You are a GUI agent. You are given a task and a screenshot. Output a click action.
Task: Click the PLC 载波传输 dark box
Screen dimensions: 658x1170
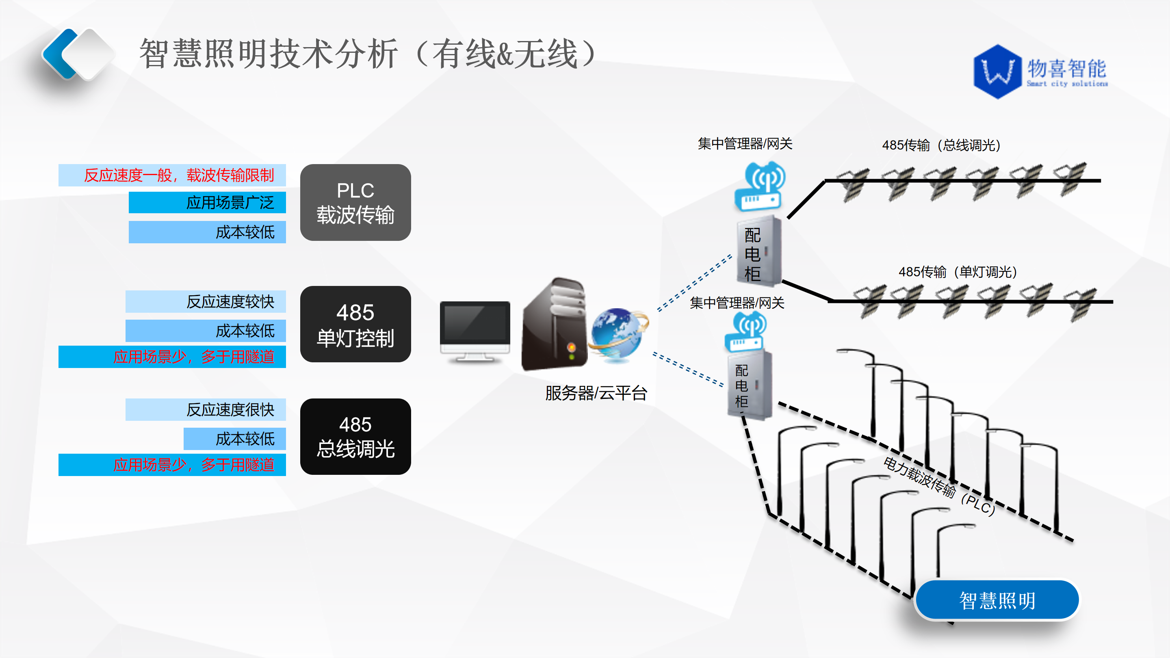click(x=355, y=203)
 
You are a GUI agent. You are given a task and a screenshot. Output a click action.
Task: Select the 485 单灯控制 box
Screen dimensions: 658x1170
click(x=355, y=324)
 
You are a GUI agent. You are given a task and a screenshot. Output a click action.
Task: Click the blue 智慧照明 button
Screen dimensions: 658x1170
click(x=997, y=600)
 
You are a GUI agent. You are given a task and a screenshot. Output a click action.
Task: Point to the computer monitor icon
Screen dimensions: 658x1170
click(x=474, y=331)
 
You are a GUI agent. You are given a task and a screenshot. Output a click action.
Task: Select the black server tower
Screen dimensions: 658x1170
click(x=554, y=325)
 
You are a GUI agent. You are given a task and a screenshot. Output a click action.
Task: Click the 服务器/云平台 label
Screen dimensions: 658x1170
click(x=596, y=393)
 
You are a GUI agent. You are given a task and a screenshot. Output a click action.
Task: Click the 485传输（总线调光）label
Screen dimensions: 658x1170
click(x=941, y=145)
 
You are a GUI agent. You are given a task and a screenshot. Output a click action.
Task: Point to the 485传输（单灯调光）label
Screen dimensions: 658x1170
click(x=958, y=272)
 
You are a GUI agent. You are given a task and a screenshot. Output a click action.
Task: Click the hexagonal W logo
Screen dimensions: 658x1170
click(x=997, y=72)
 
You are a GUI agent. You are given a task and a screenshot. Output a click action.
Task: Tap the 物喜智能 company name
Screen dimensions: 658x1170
click(x=1066, y=69)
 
